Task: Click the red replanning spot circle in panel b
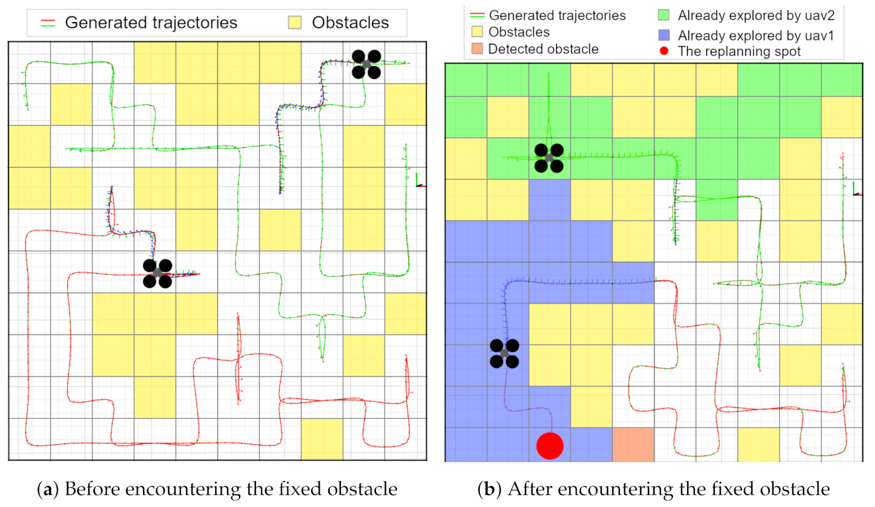coord(549,445)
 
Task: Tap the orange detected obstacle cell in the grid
coord(633,445)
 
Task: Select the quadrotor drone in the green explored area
coord(549,158)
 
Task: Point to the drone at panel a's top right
coord(365,64)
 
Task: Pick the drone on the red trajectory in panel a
coord(158,273)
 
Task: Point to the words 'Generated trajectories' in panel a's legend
coord(151,23)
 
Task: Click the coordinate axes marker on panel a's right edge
coord(419,182)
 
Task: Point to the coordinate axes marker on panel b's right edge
coord(856,190)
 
